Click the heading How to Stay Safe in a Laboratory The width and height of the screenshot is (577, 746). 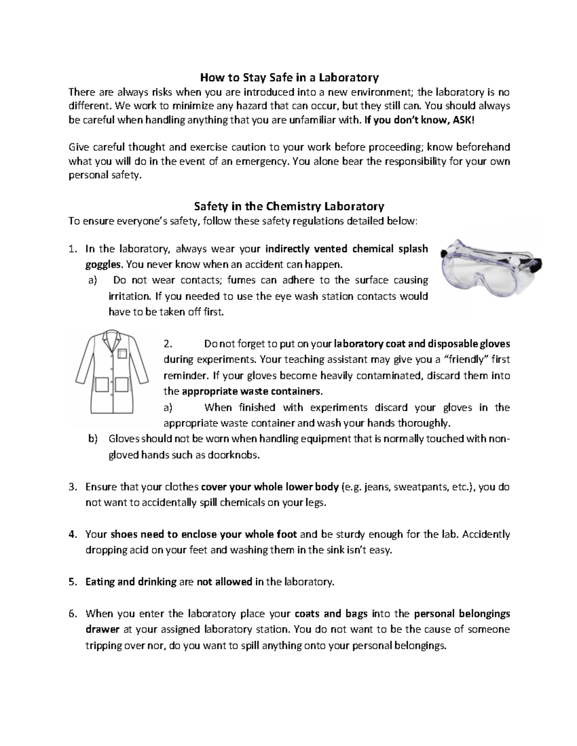(x=289, y=77)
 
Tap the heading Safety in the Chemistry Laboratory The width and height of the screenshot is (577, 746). (x=288, y=207)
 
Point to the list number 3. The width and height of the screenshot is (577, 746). (x=72, y=487)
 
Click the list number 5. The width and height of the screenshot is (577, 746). (x=72, y=582)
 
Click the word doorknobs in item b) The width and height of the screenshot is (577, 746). (x=233, y=455)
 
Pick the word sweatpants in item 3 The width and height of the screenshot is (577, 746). (x=421, y=487)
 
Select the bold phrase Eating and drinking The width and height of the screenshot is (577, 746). (x=131, y=582)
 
